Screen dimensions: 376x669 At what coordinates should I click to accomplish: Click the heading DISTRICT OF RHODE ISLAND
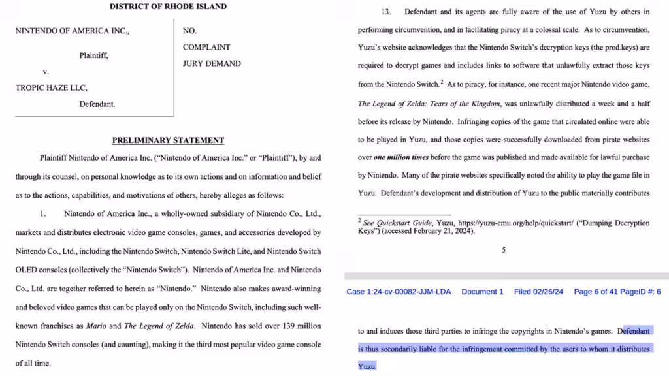point(168,7)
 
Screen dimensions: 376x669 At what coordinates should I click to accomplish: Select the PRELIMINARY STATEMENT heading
point(168,140)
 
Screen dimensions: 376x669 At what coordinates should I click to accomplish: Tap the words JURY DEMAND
point(212,64)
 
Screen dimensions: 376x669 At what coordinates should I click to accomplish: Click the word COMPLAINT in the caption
point(206,47)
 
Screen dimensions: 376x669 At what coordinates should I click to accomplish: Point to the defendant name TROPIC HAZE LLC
point(51,88)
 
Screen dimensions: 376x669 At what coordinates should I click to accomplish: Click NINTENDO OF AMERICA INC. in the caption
point(72,31)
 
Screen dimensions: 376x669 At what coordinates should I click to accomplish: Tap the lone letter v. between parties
point(46,72)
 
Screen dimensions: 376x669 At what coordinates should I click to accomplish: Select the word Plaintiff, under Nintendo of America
point(93,55)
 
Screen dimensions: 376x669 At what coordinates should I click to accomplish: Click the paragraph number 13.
point(385,12)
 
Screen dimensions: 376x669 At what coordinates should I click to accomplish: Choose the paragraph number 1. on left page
point(42,214)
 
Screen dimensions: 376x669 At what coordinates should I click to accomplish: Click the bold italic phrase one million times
point(401,157)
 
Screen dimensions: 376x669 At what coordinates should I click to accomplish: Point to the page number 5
point(503,250)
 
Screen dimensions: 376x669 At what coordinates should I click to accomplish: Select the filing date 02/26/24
point(548,292)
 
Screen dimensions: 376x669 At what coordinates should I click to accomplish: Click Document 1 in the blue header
point(482,292)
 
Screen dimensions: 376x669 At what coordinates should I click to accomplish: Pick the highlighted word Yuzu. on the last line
point(367,367)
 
